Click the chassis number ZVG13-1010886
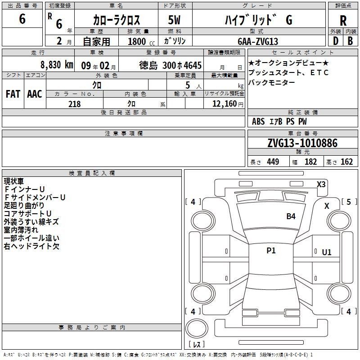(302, 143)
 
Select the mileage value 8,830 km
(57, 65)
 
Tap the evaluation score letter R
(343, 21)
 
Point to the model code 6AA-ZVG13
(258, 41)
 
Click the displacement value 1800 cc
(141, 41)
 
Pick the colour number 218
(74, 104)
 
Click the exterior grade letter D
(336, 41)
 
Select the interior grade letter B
(350, 41)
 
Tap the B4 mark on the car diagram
(291, 216)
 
